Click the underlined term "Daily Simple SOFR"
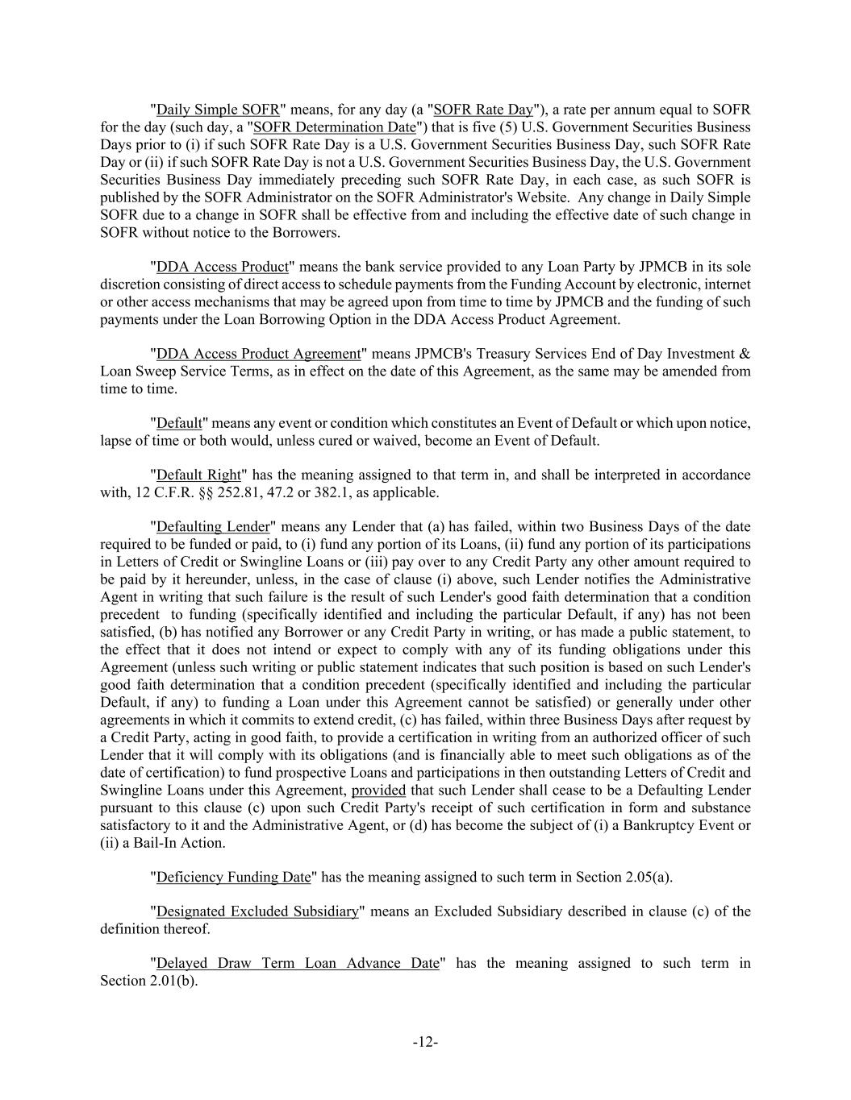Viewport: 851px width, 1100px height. [x=218, y=110]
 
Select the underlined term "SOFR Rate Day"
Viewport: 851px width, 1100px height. [x=483, y=110]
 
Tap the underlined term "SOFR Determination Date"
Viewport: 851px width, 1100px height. [x=335, y=127]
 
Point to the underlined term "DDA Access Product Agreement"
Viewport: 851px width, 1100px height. [x=258, y=354]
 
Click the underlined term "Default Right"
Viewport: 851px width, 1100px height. [x=198, y=475]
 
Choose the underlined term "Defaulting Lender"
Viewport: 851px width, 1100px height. [x=213, y=527]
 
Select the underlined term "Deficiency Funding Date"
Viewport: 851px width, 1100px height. [x=233, y=877]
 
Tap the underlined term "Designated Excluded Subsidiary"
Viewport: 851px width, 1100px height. [x=257, y=911]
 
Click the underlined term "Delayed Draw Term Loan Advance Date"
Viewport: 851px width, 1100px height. [x=298, y=963]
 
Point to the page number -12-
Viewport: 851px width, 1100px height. [x=425, y=1042]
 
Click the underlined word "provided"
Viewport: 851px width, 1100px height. [x=378, y=790]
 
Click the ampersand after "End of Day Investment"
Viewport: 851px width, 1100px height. [x=745, y=354]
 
